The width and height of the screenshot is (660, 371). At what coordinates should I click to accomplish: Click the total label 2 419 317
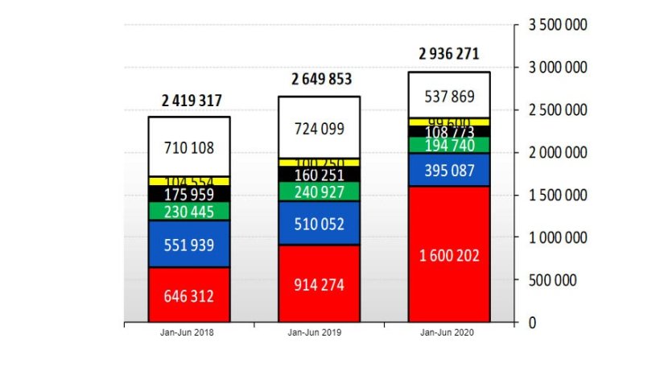pos(192,101)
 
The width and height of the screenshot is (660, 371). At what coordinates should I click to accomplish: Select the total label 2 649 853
pos(321,79)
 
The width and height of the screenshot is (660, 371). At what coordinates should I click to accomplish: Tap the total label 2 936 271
pos(448,55)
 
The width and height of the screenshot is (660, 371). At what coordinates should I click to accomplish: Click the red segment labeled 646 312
pos(189,295)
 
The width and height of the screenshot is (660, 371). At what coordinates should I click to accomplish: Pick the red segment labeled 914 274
pos(320,284)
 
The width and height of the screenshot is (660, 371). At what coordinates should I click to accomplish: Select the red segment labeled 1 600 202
pos(450,255)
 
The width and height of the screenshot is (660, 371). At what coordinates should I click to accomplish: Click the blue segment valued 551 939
pos(189,245)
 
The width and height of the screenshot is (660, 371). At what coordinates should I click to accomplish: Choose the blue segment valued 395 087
pos(450,170)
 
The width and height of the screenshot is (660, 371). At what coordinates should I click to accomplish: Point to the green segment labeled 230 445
pos(189,212)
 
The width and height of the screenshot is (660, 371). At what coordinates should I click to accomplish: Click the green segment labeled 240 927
pos(320,192)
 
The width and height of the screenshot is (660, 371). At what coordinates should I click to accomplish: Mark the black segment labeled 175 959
pos(189,194)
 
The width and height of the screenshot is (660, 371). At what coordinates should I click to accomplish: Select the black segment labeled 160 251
pos(320,175)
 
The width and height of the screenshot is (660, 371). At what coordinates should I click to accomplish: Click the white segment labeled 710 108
pos(189,148)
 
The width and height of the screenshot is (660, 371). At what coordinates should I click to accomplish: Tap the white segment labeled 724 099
pos(320,128)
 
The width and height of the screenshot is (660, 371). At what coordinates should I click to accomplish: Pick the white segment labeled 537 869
pos(450,96)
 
